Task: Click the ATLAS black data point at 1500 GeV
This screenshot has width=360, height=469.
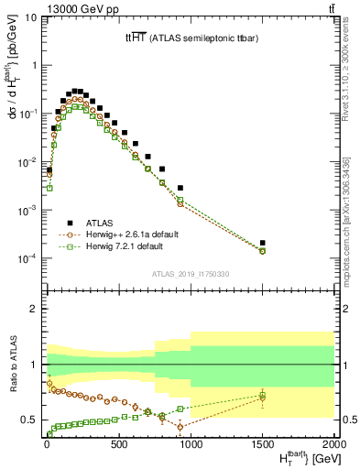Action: (262, 243)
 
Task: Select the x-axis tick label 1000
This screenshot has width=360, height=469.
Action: (190, 446)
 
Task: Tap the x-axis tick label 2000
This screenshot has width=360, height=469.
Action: (333, 446)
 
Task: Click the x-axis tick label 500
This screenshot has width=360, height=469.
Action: (117, 446)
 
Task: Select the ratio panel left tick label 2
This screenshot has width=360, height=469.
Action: (34, 309)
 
